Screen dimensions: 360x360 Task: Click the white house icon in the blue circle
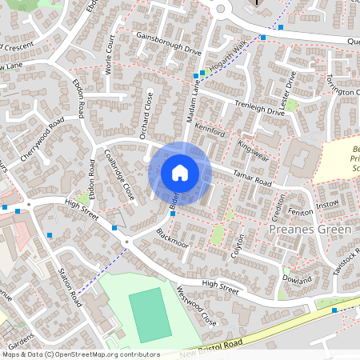(180, 172)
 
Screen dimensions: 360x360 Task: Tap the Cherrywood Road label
(42, 142)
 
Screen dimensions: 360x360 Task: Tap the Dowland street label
(296, 279)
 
